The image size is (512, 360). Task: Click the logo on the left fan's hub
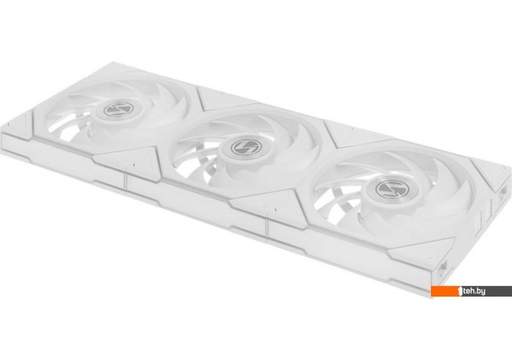[118, 109]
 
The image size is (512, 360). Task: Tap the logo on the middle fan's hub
[245, 147]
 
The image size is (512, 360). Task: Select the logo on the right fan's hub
[392, 189]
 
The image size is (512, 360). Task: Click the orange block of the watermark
[445, 291]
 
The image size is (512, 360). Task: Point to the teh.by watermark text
[474, 291]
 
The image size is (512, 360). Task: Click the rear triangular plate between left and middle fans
[225, 97]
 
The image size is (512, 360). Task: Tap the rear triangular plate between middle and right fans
[356, 132]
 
